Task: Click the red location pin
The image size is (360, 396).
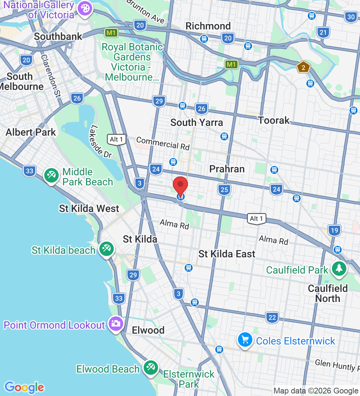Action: click(180, 186)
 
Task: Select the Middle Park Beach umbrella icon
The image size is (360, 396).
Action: click(51, 176)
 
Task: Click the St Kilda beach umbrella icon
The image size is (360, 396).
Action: click(106, 249)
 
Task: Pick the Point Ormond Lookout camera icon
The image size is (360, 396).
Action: click(116, 323)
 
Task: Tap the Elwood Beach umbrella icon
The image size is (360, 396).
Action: click(150, 368)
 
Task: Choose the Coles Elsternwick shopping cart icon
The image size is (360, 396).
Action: click(245, 339)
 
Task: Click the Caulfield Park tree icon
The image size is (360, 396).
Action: click(338, 269)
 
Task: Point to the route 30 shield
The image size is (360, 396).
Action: click(351, 17)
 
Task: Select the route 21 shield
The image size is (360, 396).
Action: click(323, 32)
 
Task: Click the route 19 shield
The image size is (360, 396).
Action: click(334, 230)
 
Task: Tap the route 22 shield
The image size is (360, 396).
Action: click(273, 318)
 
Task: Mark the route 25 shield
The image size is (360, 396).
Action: click(224, 189)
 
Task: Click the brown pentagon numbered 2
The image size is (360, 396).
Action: click(303, 67)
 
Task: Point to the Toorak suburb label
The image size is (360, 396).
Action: click(274, 120)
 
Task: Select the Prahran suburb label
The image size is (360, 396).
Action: click(227, 169)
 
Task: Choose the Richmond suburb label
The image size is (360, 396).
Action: click(208, 26)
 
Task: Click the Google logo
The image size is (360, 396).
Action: click(24, 387)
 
